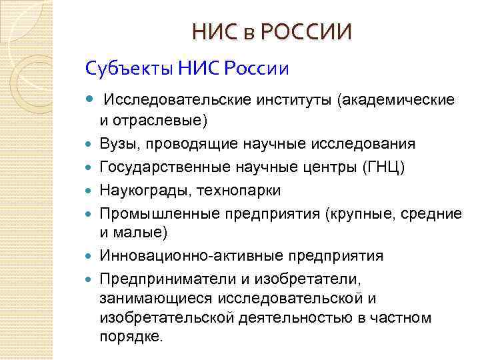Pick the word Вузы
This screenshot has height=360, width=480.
(x=117, y=144)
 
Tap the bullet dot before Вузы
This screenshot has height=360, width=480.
(x=91, y=145)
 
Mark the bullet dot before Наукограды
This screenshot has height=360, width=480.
(x=91, y=191)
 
